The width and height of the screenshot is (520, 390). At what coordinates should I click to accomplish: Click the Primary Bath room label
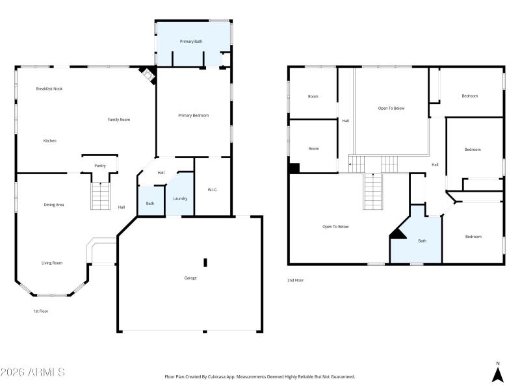click(191, 42)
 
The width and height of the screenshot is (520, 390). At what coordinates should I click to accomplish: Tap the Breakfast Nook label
click(49, 88)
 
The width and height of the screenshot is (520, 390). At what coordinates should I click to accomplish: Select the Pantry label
click(100, 166)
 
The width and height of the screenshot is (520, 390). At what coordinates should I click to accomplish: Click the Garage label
click(190, 278)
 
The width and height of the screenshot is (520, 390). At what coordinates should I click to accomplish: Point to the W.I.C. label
click(212, 190)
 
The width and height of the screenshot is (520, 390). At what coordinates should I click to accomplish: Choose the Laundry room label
click(180, 198)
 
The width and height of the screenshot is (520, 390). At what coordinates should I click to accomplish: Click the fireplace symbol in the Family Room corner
click(149, 75)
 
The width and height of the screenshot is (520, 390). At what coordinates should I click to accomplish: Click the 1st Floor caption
click(41, 311)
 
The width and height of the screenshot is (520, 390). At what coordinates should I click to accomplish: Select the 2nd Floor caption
click(296, 280)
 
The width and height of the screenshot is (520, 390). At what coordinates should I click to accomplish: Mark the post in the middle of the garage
click(205, 262)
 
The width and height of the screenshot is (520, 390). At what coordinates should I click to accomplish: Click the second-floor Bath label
click(422, 241)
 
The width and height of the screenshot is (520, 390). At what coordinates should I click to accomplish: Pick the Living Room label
click(52, 263)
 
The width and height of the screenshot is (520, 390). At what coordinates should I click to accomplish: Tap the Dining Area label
click(54, 205)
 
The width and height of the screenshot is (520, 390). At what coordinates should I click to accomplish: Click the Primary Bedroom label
click(194, 115)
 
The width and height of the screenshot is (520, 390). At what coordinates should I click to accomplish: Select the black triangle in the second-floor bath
click(398, 234)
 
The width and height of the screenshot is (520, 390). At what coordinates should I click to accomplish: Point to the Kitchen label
click(50, 140)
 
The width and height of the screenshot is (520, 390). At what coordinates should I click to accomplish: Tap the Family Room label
click(119, 120)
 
